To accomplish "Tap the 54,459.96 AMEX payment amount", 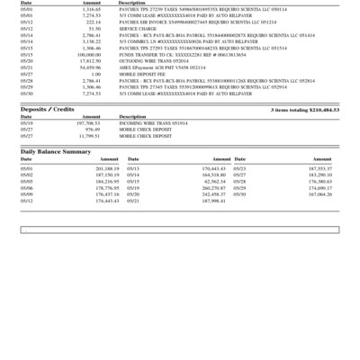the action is click(x=89, y=67).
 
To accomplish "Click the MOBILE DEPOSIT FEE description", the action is click(x=145, y=74).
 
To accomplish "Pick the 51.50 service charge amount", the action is click(x=94, y=28).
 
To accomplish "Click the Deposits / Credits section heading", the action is click(x=48, y=109).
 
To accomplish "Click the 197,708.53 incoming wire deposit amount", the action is click(x=87, y=122).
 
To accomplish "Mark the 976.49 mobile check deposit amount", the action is click(x=92, y=129).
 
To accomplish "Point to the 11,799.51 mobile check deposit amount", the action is click(x=89, y=136).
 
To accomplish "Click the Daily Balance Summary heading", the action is click(x=56, y=151).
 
